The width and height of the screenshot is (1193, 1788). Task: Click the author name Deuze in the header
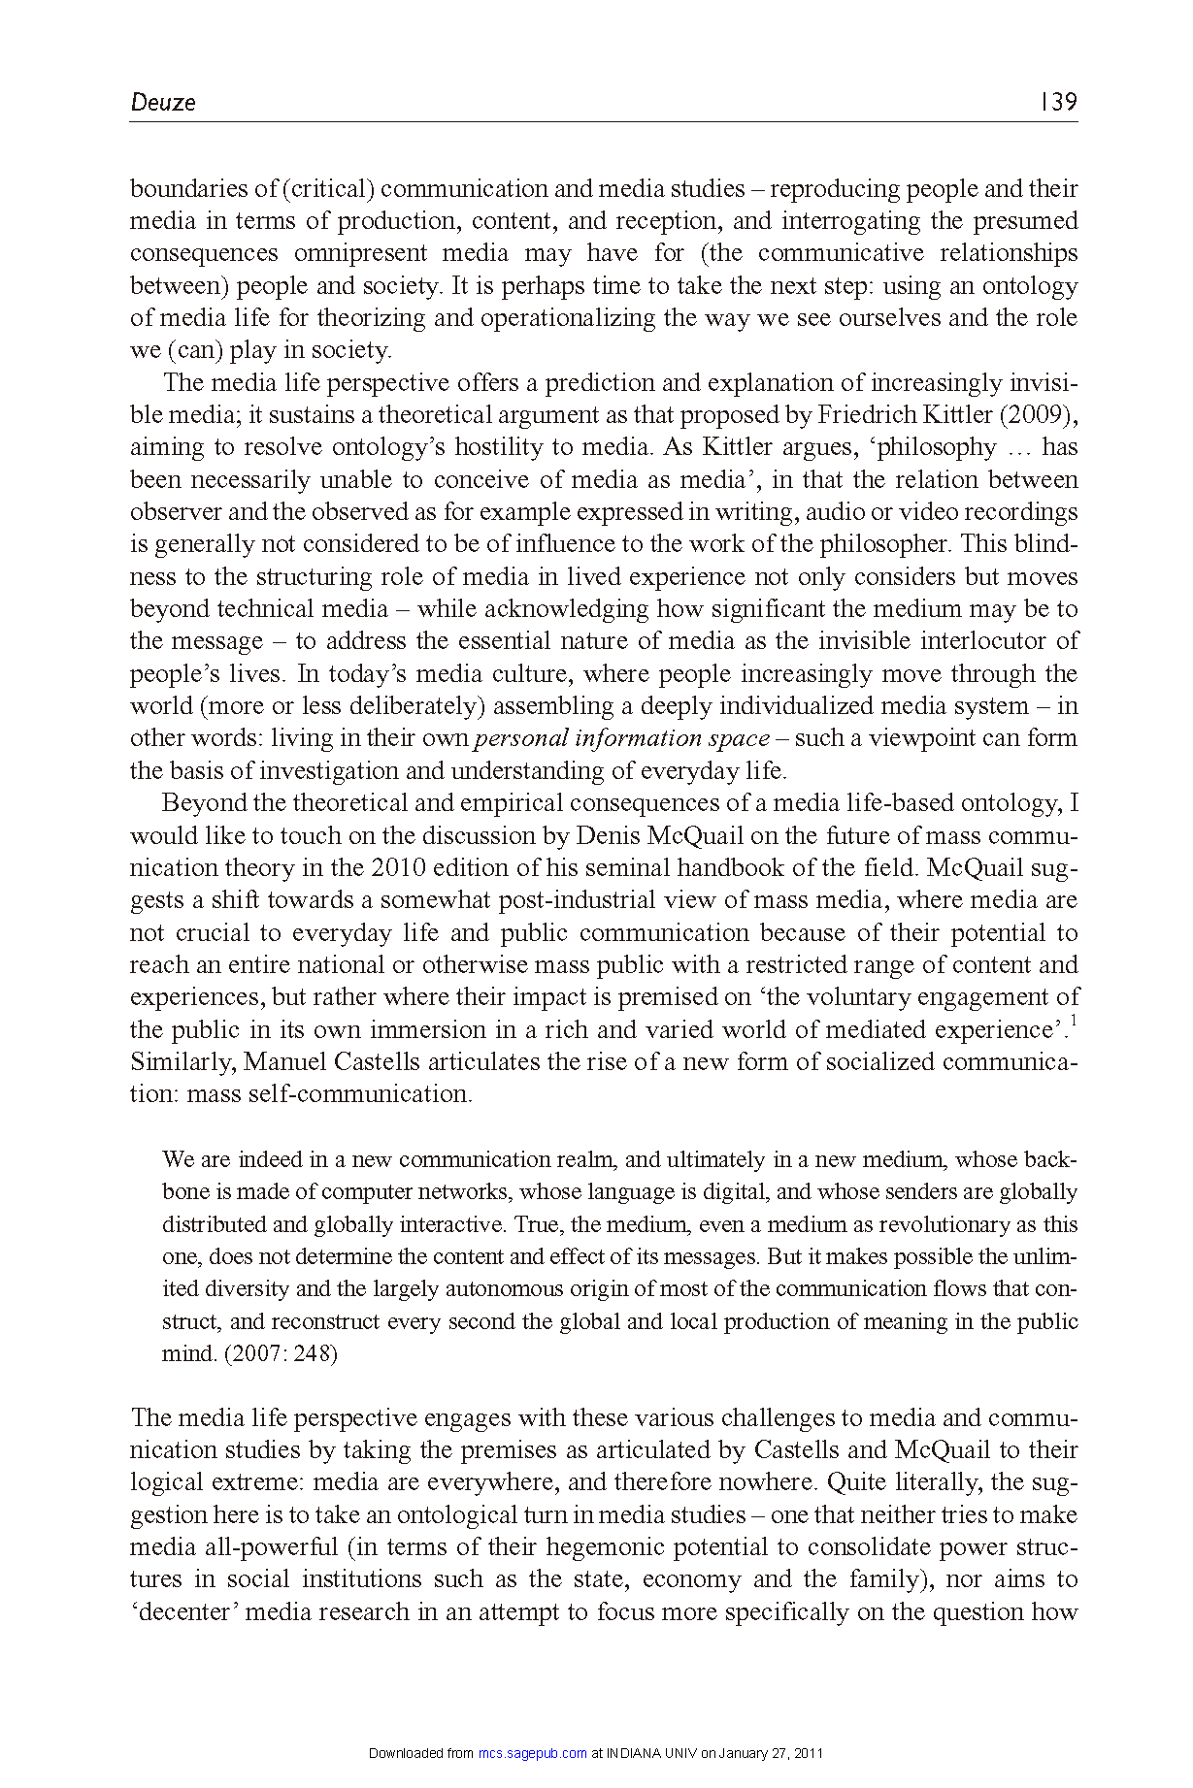point(163,103)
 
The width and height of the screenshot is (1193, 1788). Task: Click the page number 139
point(1058,102)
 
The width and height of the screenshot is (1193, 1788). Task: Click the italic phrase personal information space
point(622,738)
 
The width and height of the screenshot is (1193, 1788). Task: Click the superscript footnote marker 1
point(1074,1021)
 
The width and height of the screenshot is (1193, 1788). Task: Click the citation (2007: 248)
point(281,1353)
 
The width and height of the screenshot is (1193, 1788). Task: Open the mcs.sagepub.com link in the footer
point(533,1753)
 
